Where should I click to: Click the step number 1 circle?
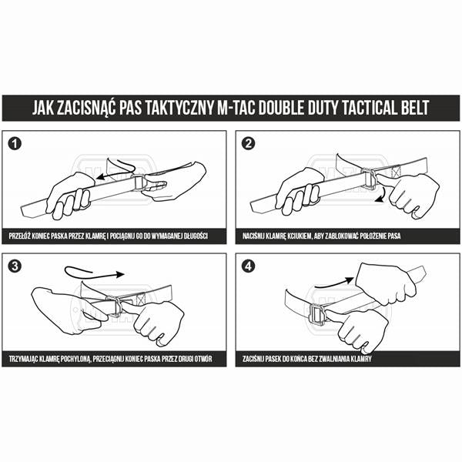point(15,144)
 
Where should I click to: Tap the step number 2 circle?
point(249,144)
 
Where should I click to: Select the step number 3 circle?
point(15,266)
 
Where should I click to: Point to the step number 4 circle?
point(249,266)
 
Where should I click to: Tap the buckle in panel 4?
point(316,315)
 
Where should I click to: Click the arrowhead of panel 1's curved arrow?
point(102,177)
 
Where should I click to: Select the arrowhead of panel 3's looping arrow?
point(121,274)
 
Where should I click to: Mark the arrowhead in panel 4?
point(350,280)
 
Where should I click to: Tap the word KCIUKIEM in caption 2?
point(300,236)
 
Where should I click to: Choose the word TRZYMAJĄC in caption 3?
point(22,359)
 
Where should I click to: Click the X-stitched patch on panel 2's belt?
point(397,172)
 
